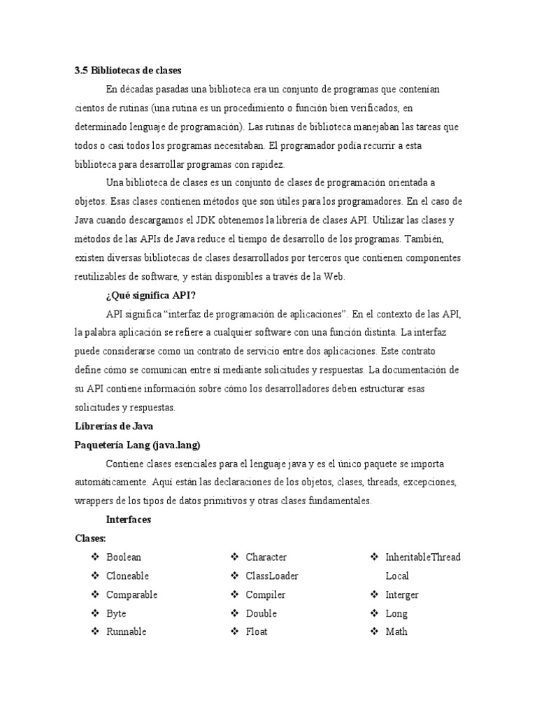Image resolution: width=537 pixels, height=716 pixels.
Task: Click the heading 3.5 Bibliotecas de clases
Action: click(x=127, y=71)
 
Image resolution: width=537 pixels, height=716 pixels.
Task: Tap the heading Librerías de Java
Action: click(x=113, y=426)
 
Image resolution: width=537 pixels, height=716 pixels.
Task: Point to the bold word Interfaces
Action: click(x=128, y=520)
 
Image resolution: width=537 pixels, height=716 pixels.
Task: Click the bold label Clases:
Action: click(x=90, y=538)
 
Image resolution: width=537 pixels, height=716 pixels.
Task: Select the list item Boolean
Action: click(x=124, y=557)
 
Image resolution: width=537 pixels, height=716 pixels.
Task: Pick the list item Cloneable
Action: click(x=127, y=576)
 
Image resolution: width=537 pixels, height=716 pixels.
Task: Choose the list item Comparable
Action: click(x=131, y=595)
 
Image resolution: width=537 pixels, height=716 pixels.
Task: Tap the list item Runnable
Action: click(x=126, y=632)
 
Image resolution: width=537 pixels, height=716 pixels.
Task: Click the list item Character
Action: click(x=266, y=557)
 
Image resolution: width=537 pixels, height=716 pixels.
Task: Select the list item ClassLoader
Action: click(x=272, y=576)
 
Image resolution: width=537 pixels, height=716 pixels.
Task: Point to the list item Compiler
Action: click(x=266, y=595)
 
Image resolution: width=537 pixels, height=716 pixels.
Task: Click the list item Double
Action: click(x=261, y=613)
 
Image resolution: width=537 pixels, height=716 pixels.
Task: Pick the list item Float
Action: click(x=257, y=632)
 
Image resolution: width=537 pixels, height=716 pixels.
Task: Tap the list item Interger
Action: click(x=402, y=595)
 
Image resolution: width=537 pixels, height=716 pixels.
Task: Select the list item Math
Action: click(x=396, y=632)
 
